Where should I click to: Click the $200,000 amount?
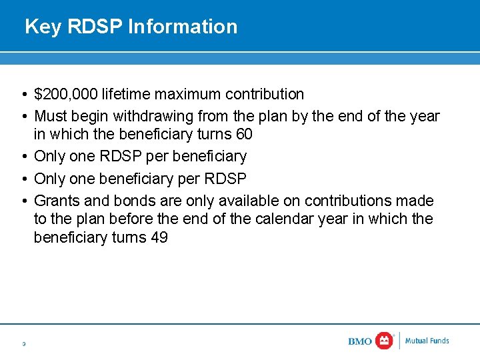click(x=66, y=95)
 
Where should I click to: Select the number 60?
click(x=244, y=135)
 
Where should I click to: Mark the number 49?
click(x=159, y=237)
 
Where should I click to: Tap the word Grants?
click(x=56, y=201)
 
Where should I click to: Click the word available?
click(x=231, y=201)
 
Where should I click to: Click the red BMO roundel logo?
click(x=385, y=341)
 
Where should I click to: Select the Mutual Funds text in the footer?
click(x=427, y=341)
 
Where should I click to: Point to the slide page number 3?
click(x=23, y=344)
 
